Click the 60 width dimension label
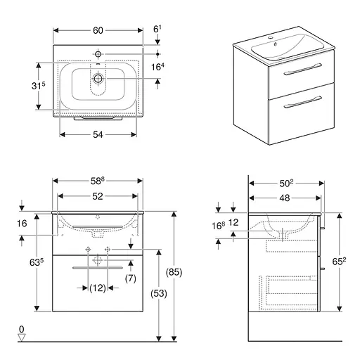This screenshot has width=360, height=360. (98, 30)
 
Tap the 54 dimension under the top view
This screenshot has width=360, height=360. (98, 135)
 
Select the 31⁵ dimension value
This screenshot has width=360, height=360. (38, 86)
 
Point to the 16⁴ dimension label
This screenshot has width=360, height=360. (157, 67)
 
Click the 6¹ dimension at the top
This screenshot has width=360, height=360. (157, 29)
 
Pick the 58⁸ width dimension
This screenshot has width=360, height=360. (97, 181)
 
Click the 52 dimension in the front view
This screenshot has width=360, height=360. (98, 196)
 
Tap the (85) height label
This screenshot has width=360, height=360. (174, 272)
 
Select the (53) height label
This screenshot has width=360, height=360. (159, 293)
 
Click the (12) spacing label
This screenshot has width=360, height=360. (98, 288)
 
